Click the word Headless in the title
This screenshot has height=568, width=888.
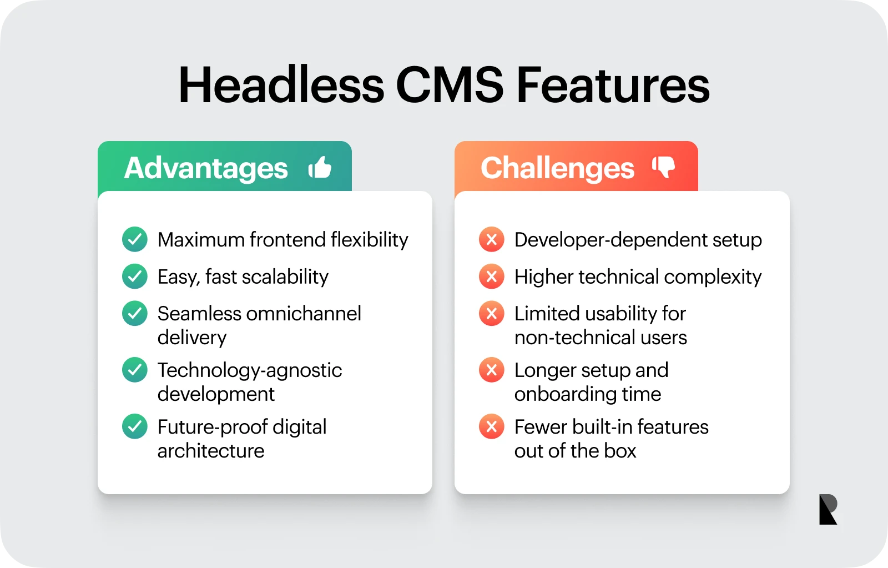pyautogui.click(x=281, y=86)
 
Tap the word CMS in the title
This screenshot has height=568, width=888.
pyautogui.click(x=450, y=86)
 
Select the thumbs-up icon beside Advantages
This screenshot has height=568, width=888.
pyautogui.click(x=320, y=167)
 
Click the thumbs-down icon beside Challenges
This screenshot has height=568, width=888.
pyautogui.click(x=664, y=167)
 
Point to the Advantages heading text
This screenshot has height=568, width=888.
pyautogui.click(x=206, y=168)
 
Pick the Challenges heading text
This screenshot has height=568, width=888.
pyautogui.click(x=557, y=168)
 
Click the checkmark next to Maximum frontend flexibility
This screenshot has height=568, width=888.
pyautogui.click(x=135, y=239)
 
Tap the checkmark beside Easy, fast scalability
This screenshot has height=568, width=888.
pyautogui.click(x=135, y=276)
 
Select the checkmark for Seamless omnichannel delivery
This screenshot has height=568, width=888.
pyautogui.click(x=135, y=313)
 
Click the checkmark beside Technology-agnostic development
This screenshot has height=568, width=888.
pyautogui.click(x=135, y=370)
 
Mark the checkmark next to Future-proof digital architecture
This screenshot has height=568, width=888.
pyautogui.click(x=135, y=426)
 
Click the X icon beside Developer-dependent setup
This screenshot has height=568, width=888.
pyautogui.click(x=492, y=239)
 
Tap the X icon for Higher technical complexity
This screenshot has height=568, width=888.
pyautogui.click(x=492, y=276)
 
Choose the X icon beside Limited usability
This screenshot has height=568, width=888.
pyautogui.click(x=492, y=313)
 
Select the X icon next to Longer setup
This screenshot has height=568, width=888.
pyautogui.click(x=492, y=370)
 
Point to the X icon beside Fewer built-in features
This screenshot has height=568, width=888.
pyautogui.click(x=492, y=426)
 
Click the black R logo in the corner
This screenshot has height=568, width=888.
pyautogui.click(x=828, y=509)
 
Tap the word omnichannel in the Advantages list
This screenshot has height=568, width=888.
pyautogui.click(x=304, y=313)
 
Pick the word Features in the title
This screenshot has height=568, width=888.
pyautogui.click(x=613, y=86)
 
